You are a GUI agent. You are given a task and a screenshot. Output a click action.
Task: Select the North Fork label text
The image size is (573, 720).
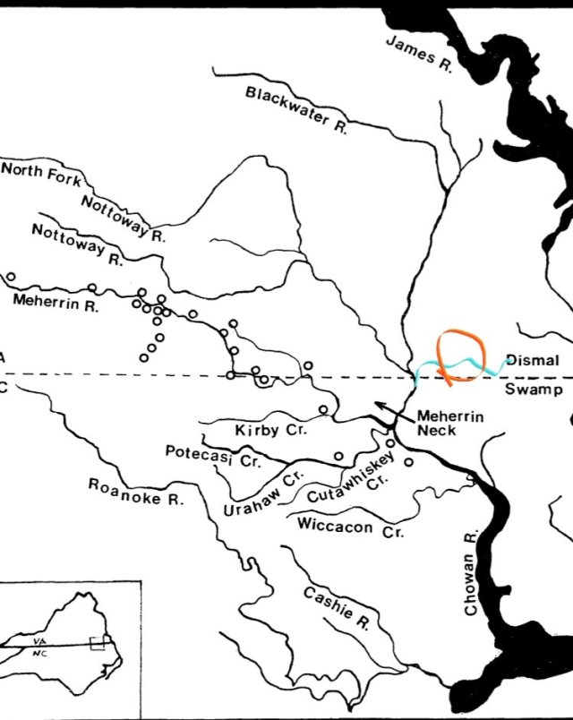(40, 171)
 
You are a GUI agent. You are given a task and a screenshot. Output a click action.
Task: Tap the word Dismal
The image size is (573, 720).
(533, 361)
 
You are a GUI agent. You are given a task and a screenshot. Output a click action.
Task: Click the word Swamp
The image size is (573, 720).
(533, 390)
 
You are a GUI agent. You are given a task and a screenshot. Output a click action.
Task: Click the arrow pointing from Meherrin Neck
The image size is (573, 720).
(390, 411)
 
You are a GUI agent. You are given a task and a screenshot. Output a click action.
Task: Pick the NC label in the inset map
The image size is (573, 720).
(39, 654)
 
